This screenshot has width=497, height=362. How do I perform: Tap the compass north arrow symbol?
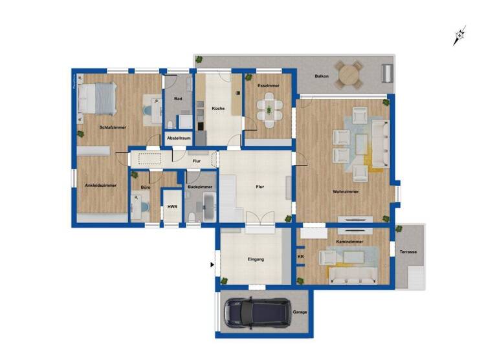459,36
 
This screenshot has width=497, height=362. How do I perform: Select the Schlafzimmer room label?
113,127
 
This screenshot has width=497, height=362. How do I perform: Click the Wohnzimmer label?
346,191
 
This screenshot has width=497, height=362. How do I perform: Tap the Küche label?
218,108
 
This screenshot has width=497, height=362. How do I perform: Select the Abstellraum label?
178,138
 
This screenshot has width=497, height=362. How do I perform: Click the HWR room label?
172,207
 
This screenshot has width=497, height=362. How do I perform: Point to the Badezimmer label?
200,187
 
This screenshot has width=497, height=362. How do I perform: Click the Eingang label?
256,259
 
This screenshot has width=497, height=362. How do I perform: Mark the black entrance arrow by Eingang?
212,264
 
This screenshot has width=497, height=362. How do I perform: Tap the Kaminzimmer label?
349,241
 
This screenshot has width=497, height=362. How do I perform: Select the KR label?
300,257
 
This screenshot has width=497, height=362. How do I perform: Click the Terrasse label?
408,251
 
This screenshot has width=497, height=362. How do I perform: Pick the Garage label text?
300,312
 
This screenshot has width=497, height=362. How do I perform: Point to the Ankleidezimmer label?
100,186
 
